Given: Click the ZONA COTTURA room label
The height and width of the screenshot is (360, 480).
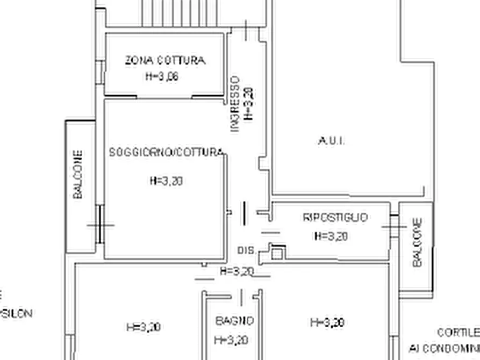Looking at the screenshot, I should (165, 60).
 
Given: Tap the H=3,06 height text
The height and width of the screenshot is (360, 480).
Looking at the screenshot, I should (161, 76).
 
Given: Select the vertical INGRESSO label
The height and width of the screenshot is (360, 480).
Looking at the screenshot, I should (235, 104).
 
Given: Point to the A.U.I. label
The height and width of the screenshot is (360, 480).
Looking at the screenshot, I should (332, 141).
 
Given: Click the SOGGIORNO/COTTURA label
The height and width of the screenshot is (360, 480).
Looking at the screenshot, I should (166, 152).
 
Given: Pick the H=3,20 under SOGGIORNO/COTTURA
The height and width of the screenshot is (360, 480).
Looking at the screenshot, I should (166, 181).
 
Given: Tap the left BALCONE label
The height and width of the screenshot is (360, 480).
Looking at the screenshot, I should (78, 175).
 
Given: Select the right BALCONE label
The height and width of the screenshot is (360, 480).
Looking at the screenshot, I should (417, 242).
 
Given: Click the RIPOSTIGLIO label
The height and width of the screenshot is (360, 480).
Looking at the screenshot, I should (336, 218).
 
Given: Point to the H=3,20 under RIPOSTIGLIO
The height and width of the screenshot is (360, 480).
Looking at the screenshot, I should (331, 236).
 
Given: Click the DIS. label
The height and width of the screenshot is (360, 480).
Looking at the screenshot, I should (246, 251).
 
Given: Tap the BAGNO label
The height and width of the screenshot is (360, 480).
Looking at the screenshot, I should (235, 321).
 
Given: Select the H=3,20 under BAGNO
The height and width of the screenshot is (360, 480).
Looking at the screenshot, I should (231, 340).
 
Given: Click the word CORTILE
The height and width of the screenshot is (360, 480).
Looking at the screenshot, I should (458, 333).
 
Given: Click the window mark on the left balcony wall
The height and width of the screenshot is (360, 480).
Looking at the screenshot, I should (100, 225).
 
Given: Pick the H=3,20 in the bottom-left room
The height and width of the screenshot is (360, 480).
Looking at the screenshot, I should (143, 327).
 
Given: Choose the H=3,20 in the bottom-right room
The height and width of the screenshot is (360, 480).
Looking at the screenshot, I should (327, 322).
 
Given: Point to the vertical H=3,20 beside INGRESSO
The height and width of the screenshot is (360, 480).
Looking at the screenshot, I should (249, 103).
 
